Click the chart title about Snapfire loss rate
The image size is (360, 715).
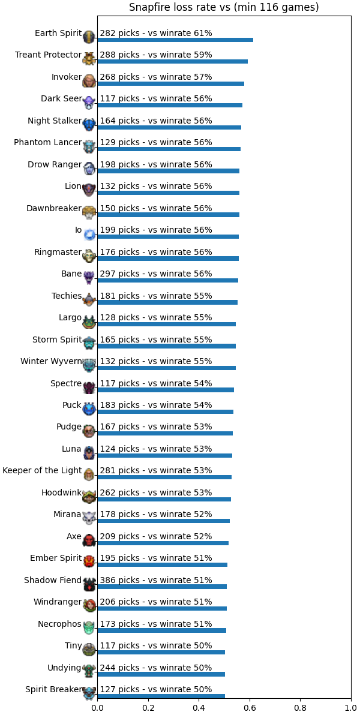click(224, 7)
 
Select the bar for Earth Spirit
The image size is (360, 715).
click(175, 40)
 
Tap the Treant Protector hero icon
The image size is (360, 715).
click(89, 59)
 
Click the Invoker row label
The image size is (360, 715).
click(67, 77)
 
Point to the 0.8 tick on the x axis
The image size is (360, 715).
click(300, 701)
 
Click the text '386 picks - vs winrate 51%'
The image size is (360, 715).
click(156, 580)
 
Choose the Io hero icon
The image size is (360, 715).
click(89, 235)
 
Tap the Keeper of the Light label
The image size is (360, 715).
click(42, 471)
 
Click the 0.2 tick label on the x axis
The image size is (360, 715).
click(148, 708)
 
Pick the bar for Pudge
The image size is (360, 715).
click(165, 433)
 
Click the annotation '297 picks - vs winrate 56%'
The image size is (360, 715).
click(156, 274)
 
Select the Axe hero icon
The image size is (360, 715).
click(89, 540)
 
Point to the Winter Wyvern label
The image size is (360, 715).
click(51, 362)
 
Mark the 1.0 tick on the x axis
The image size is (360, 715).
click(351, 701)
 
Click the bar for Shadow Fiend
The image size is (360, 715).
click(162, 587)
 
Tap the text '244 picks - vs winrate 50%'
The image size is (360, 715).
click(156, 668)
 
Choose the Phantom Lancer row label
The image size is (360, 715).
click(48, 143)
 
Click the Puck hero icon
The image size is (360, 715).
click(89, 409)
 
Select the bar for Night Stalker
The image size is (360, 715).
click(169, 127)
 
